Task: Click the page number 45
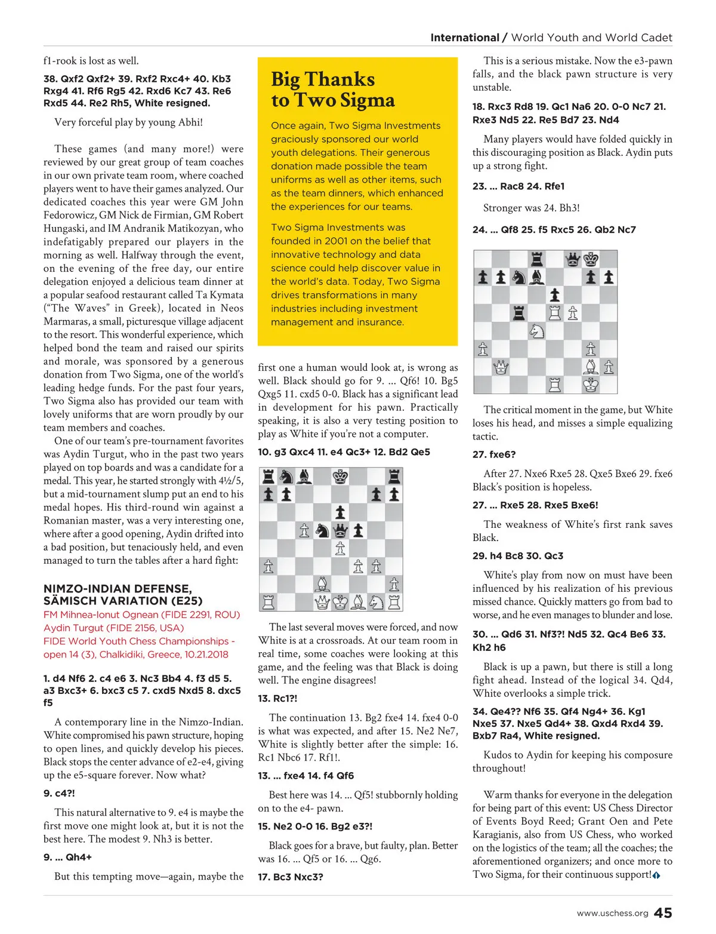pyautogui.click(x=663, y=913)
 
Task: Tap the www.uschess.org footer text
pyautogui.click(x=612, y=914)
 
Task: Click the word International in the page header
pyautogui.click(x=465, y=38)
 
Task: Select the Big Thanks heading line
pyautogui.click(x=323, y=79)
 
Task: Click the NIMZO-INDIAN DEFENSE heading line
pyautogui.click(x=118, y=589)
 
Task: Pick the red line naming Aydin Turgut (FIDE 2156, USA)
pyautogui.click(x=113, y=628)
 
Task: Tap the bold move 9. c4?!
pyautogui.click(x=59, y=793)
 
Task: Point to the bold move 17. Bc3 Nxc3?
pyautogui.click(x=291, y=877)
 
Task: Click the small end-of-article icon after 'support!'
pyautogui.click(x=656, y=875)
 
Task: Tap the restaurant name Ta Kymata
pyautogui.click(x=219, y=295)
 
